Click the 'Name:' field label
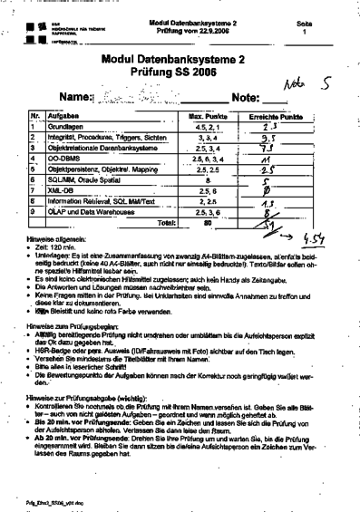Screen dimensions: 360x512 76,96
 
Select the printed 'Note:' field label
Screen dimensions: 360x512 248,96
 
